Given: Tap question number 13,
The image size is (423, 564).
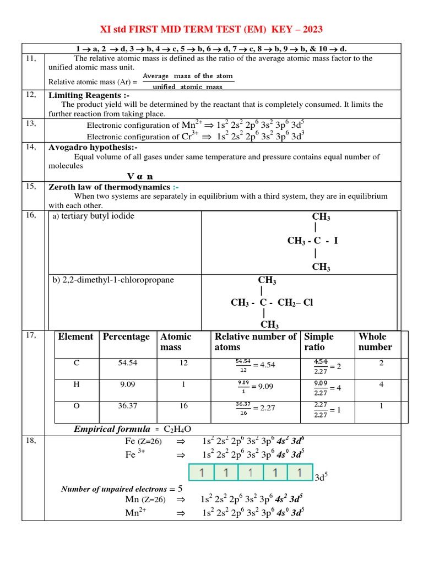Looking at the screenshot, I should (x=31, y=123).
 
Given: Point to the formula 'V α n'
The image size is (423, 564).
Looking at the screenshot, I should (x=140, y=176).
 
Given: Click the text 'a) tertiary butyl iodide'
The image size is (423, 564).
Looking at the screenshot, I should (x=93, y=216).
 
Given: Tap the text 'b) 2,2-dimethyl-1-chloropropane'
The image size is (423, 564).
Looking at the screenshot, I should (x=113, y=280).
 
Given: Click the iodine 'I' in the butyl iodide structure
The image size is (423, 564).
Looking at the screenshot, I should (x=335, y=241).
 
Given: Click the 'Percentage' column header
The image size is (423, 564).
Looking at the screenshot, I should (x=126, y=337).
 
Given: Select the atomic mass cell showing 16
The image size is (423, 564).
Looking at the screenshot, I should (x=183, y=406).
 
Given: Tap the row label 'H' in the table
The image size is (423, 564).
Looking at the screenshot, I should (x=77, y=384).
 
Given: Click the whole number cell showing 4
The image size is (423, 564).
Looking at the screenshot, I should (x=381, y=384).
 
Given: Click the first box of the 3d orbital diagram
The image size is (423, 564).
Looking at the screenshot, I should (x=202, y=473).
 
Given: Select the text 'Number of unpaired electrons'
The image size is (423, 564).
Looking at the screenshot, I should (x=113, y=489).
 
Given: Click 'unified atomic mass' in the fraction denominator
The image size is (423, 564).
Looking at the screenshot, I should (x=187, y=87).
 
